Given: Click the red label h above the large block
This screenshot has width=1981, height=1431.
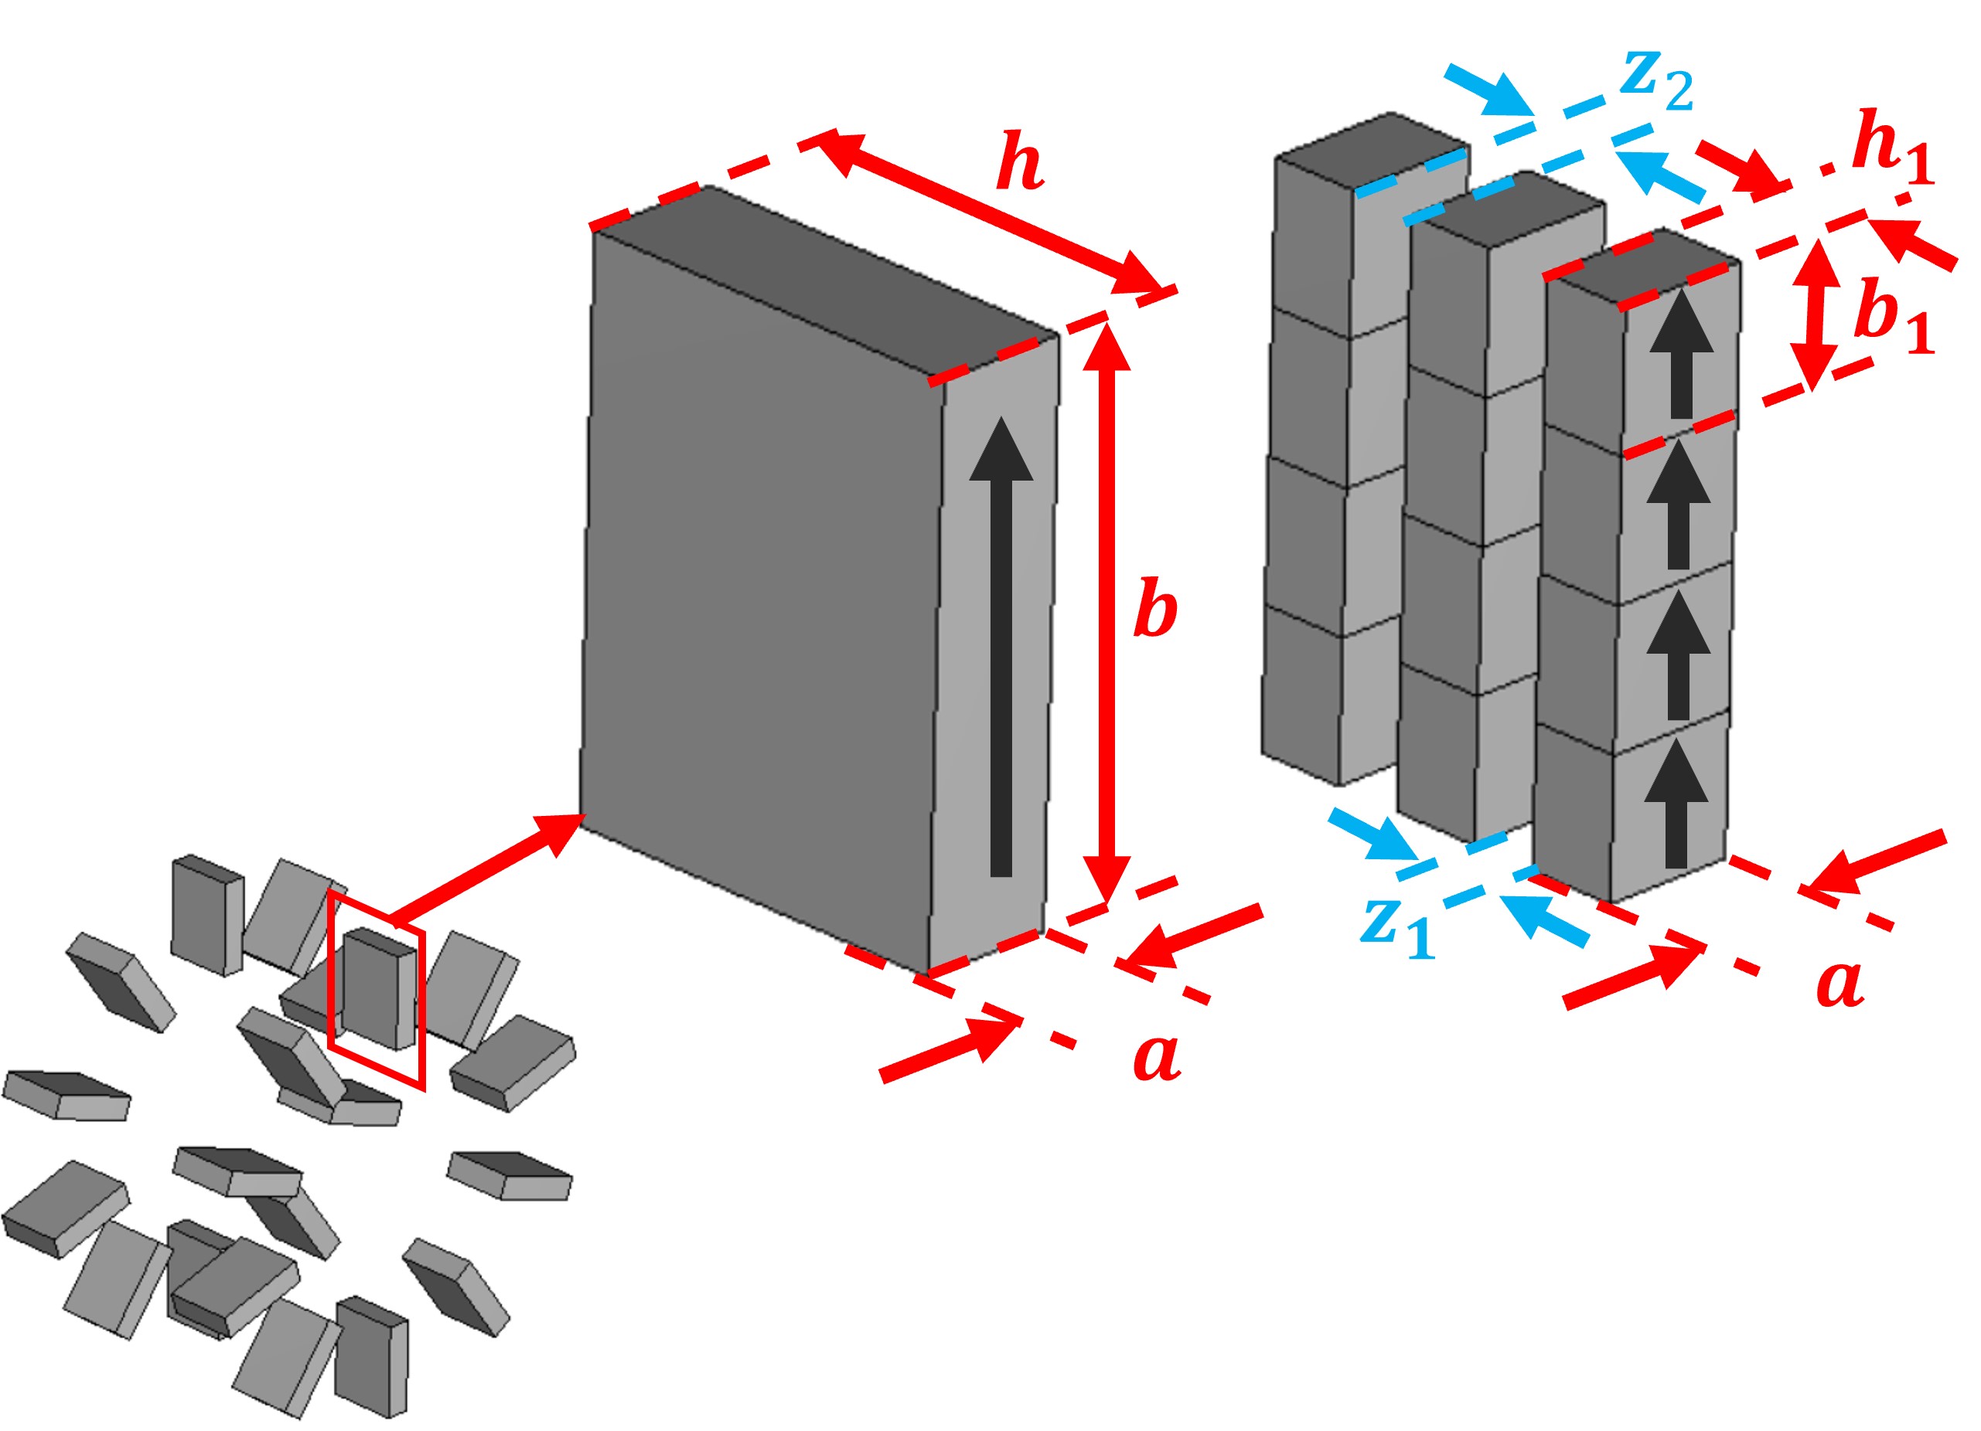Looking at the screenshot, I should tap(1019, 161).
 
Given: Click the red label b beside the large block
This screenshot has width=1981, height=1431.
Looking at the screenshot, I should tap(1154, 609).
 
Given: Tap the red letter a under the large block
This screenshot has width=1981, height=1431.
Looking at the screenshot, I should tap(1157, 1056).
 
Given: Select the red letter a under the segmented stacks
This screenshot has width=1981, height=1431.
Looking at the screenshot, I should tap(1839, 983).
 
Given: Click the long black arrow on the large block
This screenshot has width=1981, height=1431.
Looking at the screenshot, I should tap(1001, 646).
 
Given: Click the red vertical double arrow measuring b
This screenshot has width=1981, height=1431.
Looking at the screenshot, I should tap(1106, 611).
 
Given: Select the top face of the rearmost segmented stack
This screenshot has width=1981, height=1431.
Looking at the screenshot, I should tap(1372, 144).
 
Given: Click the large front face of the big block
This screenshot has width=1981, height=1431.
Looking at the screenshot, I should tap(760, 585).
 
